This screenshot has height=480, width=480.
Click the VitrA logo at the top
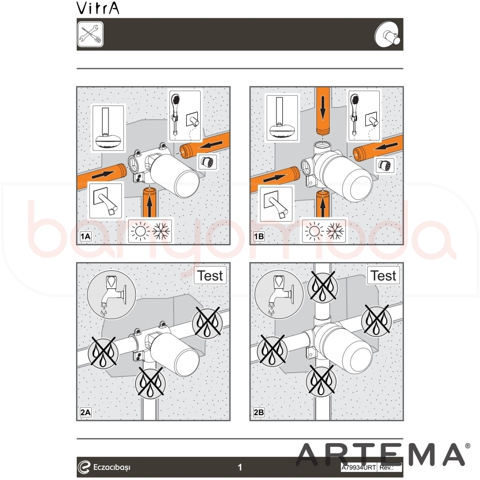point(97,8)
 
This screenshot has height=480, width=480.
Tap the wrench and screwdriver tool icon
point(90,34)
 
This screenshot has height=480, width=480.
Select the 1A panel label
point(85,236)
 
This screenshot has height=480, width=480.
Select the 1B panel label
point(259,236)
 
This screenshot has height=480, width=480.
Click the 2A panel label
point(85,412)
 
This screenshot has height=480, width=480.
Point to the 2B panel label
point(259,412)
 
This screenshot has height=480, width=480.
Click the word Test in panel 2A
point(210,276)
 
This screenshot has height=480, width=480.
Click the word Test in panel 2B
point(383,276)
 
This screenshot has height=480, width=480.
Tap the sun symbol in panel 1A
point(140,231)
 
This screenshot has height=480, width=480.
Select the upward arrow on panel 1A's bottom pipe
point(149,206)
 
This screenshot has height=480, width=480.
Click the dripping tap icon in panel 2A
point(111,294)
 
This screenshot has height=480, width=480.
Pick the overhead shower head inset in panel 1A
point(108,128)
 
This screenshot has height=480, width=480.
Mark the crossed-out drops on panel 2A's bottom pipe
point(150,383)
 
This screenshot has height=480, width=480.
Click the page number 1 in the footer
point(240,467)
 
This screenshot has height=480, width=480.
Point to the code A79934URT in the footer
point(359,468)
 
